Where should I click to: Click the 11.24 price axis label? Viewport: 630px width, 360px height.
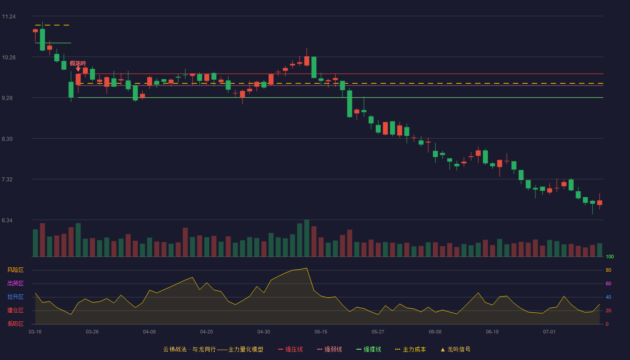pos(9,17)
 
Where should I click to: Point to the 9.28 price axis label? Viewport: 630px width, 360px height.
pos(7,98)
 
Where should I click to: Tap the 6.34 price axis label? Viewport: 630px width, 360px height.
pos(7,220)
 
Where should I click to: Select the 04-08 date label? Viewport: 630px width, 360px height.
pos(149,332)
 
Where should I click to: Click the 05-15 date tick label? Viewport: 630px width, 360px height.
pos(321,332)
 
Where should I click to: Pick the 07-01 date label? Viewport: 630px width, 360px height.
pos(549,332)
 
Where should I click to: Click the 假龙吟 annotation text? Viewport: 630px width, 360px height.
pos(78,63)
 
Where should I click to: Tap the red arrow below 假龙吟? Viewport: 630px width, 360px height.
pos(78,69)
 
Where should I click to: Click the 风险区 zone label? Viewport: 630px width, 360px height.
pos(15,270)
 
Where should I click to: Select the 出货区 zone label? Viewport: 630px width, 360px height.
pos(15,283)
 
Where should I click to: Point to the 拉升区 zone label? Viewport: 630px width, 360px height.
pos(15,297)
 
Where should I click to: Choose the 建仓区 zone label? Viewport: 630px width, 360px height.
pos(15,310)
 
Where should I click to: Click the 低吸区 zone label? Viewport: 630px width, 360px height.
pos(15,324)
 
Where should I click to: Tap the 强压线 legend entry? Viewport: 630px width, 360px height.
pos(291,350)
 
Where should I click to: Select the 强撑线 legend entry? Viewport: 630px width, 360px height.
pos(369,350)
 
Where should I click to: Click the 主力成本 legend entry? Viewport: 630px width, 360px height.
pos(410,350)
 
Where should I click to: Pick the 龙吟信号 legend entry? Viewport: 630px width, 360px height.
pos(455,350)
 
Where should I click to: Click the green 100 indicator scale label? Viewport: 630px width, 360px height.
pos(610,257)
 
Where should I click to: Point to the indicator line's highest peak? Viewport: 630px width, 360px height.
pos(306,268)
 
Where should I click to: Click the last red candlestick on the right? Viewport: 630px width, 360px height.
pos(599,202)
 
